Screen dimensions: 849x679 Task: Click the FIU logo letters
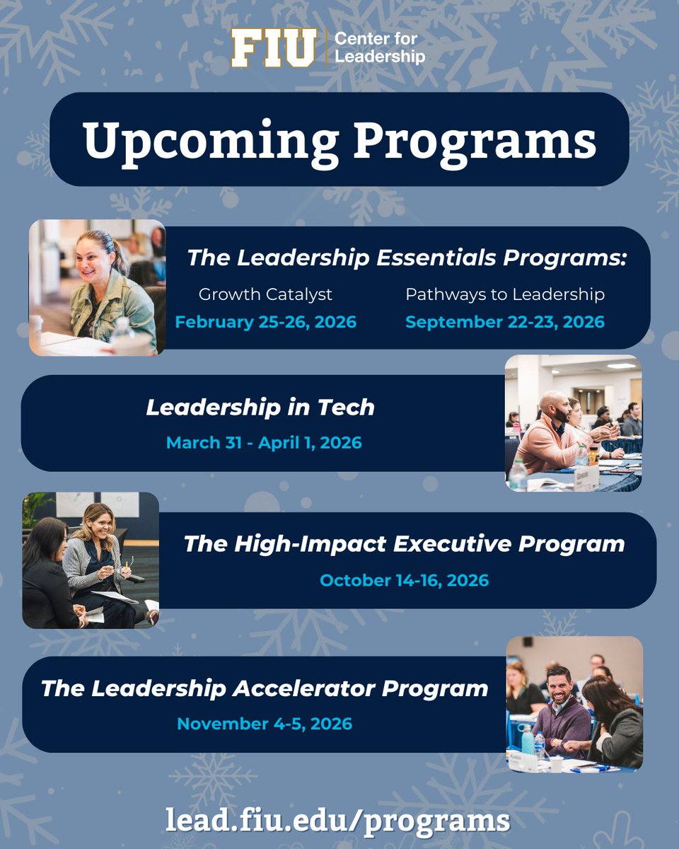(x=273, y=49)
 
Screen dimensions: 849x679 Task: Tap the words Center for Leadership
(x=379, y=49)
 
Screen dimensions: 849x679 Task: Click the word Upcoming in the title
(x=210, y=140)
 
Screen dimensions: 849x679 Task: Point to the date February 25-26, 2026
(x=266, y=323)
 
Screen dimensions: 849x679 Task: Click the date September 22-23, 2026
(x=505, y=323)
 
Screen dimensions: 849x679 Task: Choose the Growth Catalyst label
(x=265, y=294)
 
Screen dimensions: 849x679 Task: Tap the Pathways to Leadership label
(x=505, y=294)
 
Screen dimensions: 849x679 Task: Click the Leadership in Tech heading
(x=260, y=408)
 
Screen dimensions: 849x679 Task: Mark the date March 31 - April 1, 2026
(x=264, y=444)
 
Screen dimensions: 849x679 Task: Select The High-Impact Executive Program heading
(x=404, y=544)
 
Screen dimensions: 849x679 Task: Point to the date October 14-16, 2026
(x=404, y=581)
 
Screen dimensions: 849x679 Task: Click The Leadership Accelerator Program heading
(x=265, y=688)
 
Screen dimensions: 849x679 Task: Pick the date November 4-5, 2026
(x=265, y=724)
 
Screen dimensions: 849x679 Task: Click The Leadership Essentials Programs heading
(x=407, y=258)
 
